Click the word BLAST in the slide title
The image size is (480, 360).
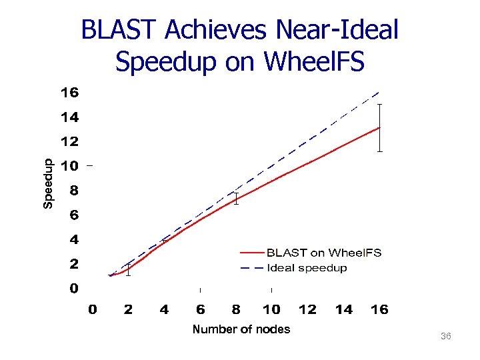point(119,30)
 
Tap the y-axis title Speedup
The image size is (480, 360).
point(48,183)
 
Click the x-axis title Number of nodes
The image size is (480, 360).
point(241,329)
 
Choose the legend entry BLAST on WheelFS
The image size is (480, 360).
point(324,253)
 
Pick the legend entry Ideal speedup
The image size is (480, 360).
point(307,268)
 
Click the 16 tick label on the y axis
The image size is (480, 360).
point(69,93)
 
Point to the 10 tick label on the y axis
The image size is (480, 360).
point(69,166)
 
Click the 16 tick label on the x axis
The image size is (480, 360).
point(379,310)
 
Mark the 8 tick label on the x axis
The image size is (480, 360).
point(236,310)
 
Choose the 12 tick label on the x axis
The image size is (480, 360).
point(307,310)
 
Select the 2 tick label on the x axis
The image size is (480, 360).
point(128,310)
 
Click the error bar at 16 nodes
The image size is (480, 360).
point(379,128)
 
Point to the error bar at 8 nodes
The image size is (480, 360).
point(236,199)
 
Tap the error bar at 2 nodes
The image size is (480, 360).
point(128,269)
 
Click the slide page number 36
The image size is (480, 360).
point(446,337)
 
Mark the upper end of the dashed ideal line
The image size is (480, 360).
point(379,92)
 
